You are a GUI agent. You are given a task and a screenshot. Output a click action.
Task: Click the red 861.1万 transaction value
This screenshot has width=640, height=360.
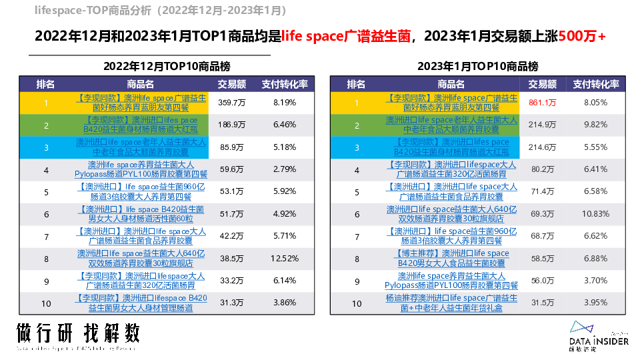(x=542, y=103)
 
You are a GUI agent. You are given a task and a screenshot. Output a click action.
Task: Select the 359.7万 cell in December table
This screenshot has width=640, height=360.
(x=231, y=103)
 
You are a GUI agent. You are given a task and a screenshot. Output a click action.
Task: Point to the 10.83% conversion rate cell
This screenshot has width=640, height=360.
(x=596, y=215)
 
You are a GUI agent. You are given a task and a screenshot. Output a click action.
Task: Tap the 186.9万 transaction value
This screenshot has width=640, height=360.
(x=231, y=125)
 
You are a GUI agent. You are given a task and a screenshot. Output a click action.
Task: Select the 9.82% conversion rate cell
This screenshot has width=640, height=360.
(x=596, y=125)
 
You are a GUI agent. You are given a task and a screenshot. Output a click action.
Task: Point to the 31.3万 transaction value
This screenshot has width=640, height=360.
(x=231, y=303)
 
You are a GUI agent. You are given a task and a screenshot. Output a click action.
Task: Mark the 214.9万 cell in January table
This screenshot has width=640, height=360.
(x=542, y=125)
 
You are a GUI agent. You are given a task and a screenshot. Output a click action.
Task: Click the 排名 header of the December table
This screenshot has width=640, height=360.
(x=46, y=84)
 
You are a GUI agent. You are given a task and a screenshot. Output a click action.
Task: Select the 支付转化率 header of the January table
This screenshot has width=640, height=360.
(x=596, y=84)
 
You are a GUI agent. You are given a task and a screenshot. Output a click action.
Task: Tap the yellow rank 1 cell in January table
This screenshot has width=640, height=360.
(x=357, y=103)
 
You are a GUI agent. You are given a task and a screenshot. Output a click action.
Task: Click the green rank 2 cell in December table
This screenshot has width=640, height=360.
(x=46, y=125)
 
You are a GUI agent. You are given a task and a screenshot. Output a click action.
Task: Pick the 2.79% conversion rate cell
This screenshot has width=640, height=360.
(x=285, y=170)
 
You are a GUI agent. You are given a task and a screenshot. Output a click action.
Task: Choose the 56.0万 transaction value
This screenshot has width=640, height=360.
(x=542, y=281)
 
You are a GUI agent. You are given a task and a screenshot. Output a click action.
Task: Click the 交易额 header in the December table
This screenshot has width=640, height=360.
(x=231, y=84)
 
